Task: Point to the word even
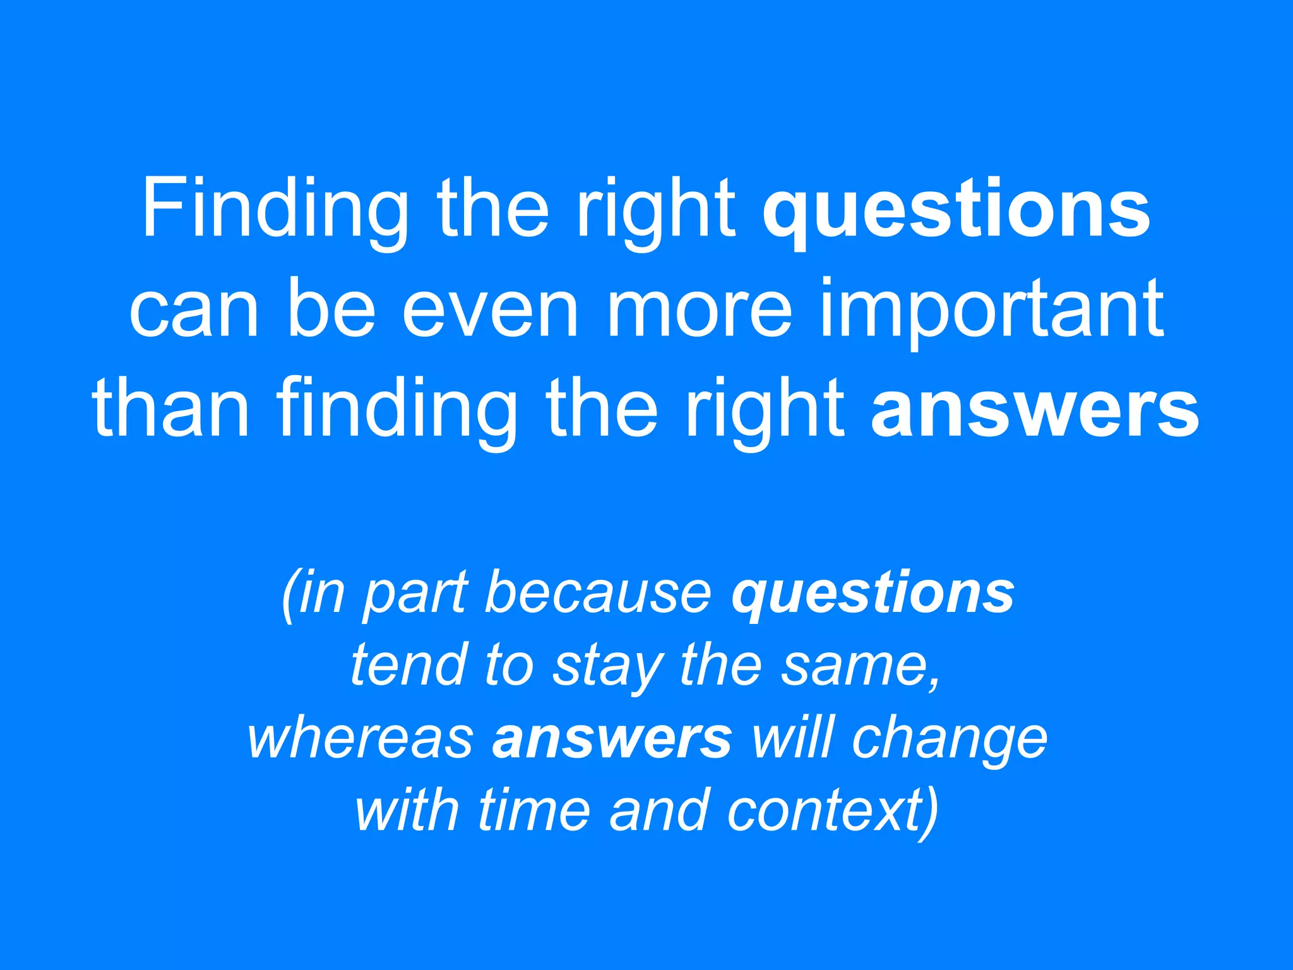pyautogui.click(x=490, y=309)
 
